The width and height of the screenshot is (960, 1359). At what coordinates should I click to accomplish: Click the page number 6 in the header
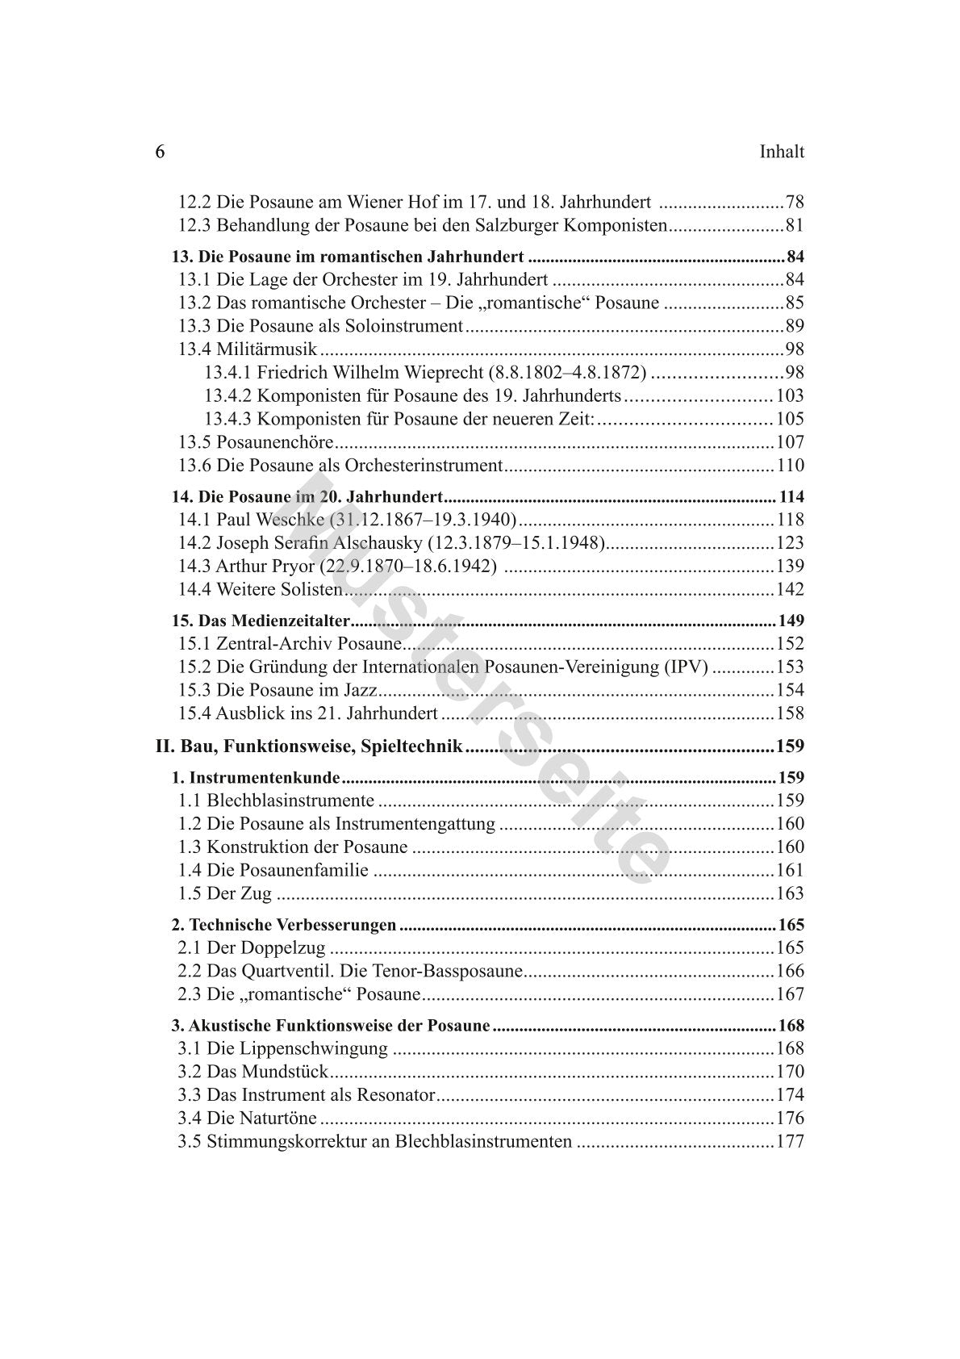pos(160,153)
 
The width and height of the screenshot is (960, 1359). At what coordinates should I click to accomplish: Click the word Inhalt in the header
pos(782,153)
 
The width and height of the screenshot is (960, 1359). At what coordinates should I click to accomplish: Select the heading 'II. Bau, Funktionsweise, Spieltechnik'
pos(309,746)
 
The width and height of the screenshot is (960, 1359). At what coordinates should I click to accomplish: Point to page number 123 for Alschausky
pos(790,543)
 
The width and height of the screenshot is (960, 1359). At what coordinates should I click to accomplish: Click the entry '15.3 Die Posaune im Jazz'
pos(278,690)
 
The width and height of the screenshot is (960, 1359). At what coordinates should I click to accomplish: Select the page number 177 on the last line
pos(790,1142)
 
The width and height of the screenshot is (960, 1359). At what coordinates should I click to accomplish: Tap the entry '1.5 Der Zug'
pos(224,893)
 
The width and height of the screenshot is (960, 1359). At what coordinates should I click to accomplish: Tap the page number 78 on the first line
pos(794,203)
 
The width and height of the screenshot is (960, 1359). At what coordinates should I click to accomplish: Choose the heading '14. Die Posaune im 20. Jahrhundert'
pos(307,497)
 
